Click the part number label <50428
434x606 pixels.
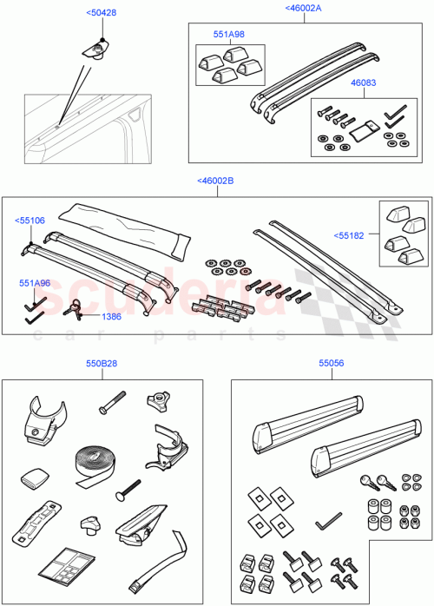[102, 13]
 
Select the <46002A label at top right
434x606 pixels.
[303, 8]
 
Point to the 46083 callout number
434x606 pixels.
[364, 83]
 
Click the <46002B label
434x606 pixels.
[216, 181]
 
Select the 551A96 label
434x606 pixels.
[36, 282]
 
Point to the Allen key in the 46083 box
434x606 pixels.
[395, 112]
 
